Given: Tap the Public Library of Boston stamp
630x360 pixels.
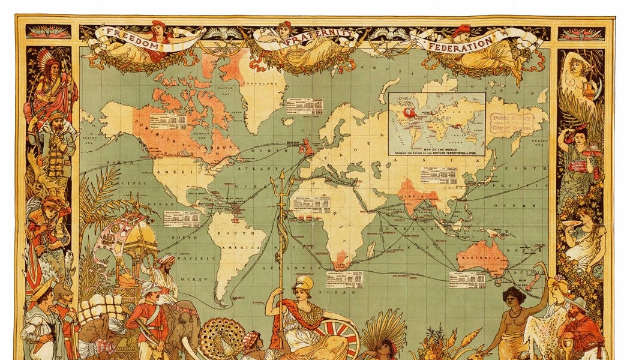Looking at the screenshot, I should point(514,118).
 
